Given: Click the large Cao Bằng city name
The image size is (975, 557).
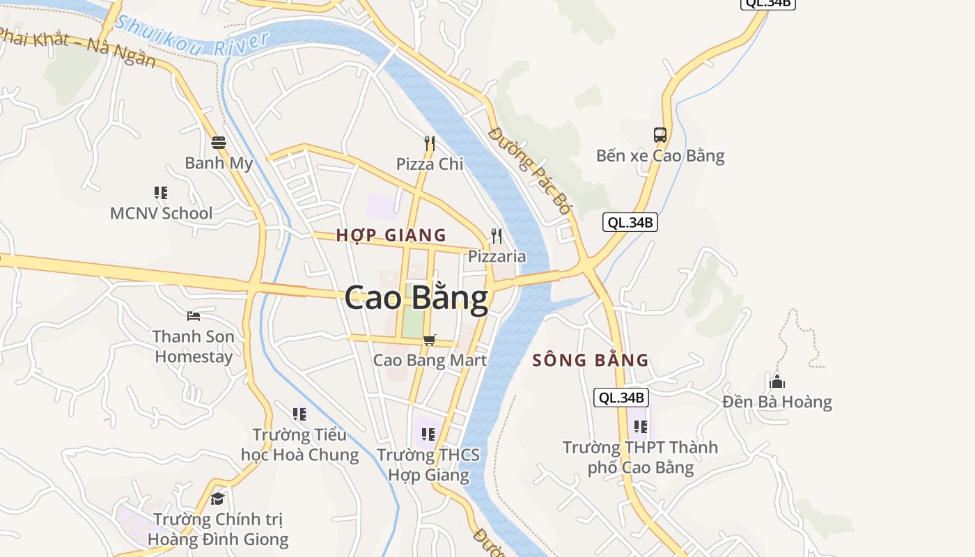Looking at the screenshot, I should pos(416,297).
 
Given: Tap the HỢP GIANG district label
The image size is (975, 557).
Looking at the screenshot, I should pos(391,235).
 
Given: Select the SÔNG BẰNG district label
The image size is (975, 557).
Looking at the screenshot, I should pos(591,361).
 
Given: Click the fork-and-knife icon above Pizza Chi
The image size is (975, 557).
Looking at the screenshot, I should pos(429,143).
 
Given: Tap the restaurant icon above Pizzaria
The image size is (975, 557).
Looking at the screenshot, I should pos(496,235).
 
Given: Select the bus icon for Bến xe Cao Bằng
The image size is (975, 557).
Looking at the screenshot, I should pos(660,135).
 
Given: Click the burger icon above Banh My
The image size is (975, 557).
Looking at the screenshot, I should pos(219,143).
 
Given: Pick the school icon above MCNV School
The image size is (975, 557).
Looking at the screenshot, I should pos(161,192).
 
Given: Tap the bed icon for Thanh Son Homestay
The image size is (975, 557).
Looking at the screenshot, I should pos(194,316).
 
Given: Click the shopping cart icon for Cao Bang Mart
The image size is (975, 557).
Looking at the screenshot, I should pos(429,340).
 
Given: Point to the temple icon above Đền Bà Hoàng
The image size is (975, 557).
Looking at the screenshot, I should pos(777,382).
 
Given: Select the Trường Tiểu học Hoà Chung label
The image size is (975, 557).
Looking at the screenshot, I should pos(299,445).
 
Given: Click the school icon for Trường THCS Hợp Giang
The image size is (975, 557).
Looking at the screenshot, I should pos(428,434).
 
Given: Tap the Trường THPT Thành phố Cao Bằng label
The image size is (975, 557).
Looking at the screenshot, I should pos(640,457).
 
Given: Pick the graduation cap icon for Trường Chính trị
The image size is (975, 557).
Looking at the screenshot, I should pos(218,499).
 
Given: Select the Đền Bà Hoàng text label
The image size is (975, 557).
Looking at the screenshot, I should pos(777,402).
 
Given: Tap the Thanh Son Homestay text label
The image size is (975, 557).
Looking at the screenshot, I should pos(194,346).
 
